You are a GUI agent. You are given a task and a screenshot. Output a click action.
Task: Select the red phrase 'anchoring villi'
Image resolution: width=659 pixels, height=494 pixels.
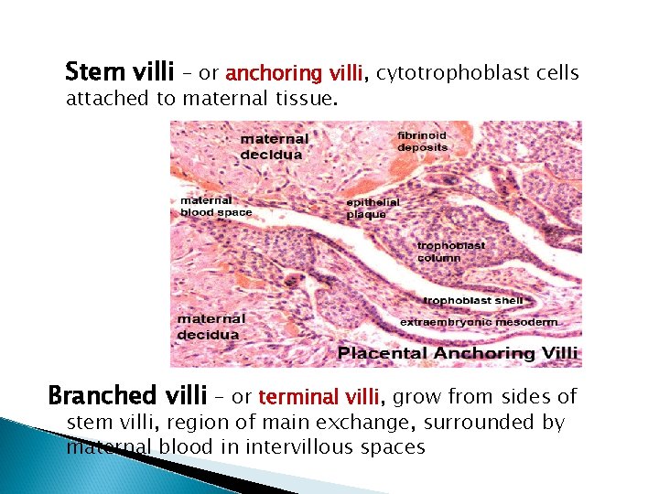(295, 72)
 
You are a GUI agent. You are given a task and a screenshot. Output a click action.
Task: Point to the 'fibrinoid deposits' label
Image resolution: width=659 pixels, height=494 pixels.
(422, 141)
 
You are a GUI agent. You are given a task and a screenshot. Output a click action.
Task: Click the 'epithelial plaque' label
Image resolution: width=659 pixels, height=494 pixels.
(373, 208)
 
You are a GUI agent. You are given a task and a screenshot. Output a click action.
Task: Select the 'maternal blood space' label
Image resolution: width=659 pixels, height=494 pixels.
(216, 206)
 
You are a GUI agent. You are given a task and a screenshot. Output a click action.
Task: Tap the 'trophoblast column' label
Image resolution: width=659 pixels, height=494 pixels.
(450, 252)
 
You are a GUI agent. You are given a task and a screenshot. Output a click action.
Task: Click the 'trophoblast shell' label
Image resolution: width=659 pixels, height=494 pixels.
(473, 300)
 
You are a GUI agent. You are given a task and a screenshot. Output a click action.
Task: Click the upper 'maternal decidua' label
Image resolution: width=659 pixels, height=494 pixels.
(274, 146)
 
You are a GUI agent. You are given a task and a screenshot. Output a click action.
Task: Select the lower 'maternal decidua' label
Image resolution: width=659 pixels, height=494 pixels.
(211, 327)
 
